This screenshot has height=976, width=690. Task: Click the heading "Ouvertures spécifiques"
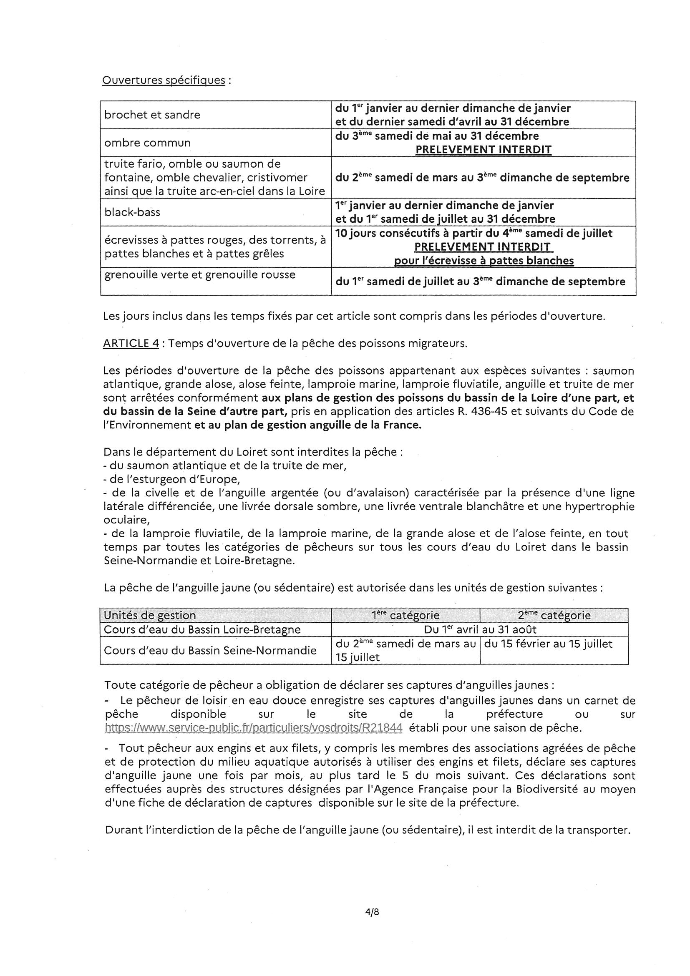click(164, 80)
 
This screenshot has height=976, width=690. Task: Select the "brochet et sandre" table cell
click(152, 115)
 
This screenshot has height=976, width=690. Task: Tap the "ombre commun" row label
click(147, 143)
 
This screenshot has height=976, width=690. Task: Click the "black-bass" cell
click(132, 212)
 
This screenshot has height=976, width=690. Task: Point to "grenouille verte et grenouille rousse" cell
click(199, 275)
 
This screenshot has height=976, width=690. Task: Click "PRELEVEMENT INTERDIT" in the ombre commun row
click(483, 150)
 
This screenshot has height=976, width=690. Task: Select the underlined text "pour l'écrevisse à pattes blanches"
click(484, 261)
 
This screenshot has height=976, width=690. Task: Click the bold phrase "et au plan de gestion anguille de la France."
click(308, 425)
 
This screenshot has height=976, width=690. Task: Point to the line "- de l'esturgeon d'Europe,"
click(172, 480)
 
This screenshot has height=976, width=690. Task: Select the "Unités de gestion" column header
click(150, 615)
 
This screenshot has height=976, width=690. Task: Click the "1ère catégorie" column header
click(405, 615)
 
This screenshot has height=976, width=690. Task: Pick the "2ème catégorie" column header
click(554, 615)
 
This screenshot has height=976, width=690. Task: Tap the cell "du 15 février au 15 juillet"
click(548, 644)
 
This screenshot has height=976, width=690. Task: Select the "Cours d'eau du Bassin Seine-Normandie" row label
click(210, 650)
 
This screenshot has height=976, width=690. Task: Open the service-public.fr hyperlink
click(253, 728)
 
